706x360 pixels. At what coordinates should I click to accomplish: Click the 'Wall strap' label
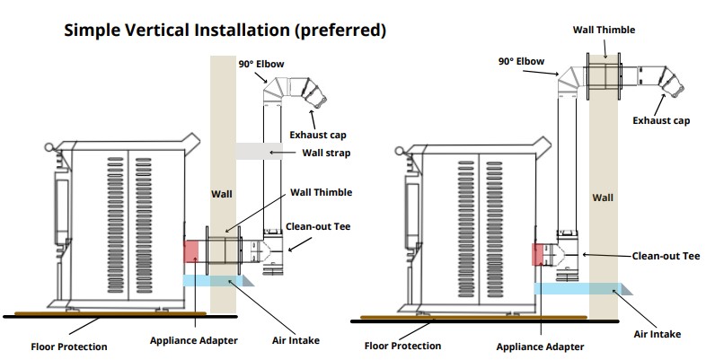tap(326, 153)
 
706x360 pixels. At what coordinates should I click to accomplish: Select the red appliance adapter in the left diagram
tap(190, 251)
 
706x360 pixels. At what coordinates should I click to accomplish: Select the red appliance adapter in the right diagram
tap(538, 254)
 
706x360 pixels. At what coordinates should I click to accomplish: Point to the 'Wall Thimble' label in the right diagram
tap(604, 30)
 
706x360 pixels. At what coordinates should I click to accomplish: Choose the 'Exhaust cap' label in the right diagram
tap(661, 120)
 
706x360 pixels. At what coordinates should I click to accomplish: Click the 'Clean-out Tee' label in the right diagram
tap(666, 256)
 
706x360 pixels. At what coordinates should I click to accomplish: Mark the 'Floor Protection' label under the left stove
tap(69, 347)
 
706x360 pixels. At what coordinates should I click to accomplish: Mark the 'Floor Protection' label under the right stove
tap(402, 345)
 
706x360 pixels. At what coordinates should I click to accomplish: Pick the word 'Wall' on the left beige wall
tap(221, 193)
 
